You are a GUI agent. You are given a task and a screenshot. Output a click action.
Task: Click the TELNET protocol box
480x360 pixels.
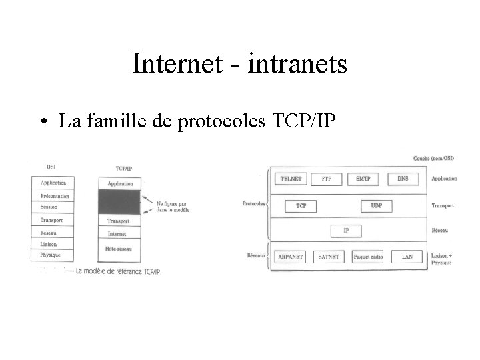291,179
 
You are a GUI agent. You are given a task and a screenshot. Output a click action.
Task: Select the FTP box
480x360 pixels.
327,179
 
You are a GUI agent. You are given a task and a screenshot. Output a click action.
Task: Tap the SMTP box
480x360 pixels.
363,179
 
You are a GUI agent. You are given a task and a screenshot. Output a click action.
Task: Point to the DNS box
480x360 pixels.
403,179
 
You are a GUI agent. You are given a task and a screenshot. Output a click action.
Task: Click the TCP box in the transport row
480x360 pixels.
301,206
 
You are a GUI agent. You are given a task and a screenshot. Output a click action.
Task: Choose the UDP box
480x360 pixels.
377,206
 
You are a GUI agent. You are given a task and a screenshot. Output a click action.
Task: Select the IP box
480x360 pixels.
346,231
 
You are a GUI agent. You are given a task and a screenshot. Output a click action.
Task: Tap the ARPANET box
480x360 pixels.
290,257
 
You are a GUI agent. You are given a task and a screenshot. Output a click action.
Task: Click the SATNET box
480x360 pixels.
329,257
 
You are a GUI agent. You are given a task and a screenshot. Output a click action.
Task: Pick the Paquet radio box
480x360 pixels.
367,257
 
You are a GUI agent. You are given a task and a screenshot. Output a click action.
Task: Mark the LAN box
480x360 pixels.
407,257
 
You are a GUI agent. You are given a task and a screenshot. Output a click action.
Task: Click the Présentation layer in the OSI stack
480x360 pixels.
54,196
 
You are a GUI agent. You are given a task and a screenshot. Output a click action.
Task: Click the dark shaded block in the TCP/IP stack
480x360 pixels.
119,202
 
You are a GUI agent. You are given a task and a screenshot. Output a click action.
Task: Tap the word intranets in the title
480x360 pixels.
297,64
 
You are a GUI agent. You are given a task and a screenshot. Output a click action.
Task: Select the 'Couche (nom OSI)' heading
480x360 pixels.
434,158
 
